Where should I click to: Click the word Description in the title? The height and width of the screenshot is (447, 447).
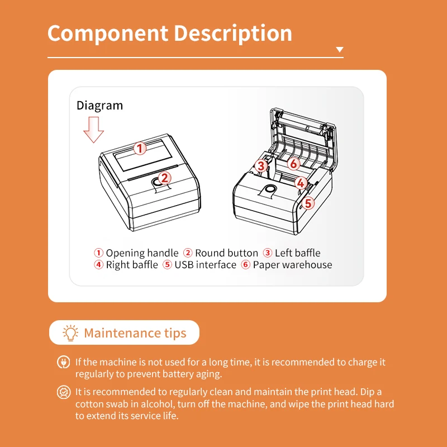coord(233,34)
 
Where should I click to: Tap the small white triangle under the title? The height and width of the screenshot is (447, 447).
coord(339,50)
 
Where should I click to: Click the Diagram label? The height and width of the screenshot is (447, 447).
coord(99,105)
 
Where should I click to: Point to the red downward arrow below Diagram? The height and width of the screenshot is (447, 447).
coord(93,130)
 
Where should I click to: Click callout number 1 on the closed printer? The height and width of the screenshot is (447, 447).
coord(140,148)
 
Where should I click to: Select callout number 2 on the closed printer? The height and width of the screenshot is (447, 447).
coord(164,178)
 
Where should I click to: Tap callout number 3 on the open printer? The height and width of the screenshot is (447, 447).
coord(261,165)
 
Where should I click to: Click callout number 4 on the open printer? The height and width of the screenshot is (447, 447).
coord(301,183)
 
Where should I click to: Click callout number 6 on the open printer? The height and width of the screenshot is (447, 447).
coord(294,163)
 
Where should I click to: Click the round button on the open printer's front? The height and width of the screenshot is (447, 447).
coord(270,190)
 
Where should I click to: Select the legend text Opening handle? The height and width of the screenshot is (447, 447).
coord(142,253)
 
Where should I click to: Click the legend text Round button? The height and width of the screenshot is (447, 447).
coord(226,253)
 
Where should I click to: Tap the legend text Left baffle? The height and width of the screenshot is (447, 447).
coord(297,253)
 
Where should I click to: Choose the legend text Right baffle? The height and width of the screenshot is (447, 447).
coord(132,265)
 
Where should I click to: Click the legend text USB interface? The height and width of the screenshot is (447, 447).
coord(205,265)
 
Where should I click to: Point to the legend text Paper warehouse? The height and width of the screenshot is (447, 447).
coord(292,265)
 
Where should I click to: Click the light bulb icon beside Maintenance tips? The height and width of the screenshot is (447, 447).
coord(71,333)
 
